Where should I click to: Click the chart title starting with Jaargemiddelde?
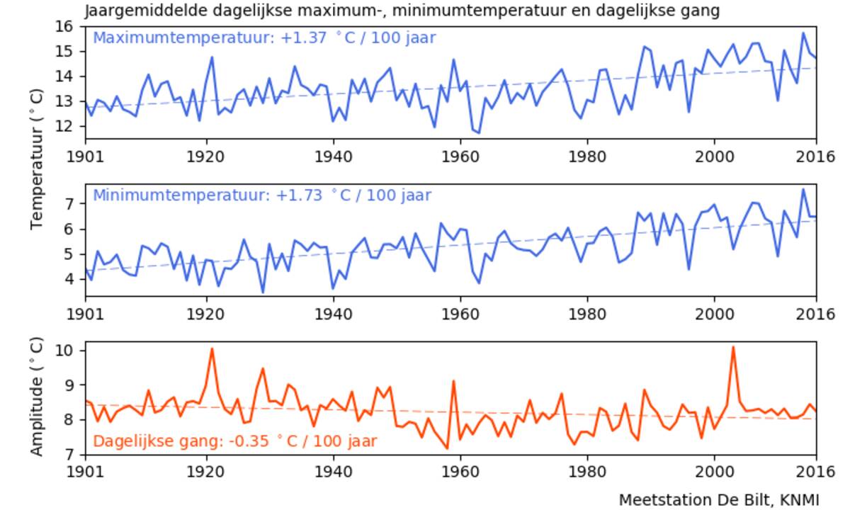tap(403, 11)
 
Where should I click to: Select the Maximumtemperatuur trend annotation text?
tap(264, 38)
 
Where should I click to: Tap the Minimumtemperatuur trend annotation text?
tap(262, 195)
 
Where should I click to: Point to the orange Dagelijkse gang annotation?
tap(234, 441)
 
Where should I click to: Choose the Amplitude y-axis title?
tap(38, 397)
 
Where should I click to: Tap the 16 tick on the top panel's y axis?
tap(66, 26)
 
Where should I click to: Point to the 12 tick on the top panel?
tap(66, 127)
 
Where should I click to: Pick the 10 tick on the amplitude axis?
tap(66, 351)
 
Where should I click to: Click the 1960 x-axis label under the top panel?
tap(460, 154)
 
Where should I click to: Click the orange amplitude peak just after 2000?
tap(733, 347)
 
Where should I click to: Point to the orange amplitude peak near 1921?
tap(212, 348)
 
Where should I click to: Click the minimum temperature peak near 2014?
tap(803, 189)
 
